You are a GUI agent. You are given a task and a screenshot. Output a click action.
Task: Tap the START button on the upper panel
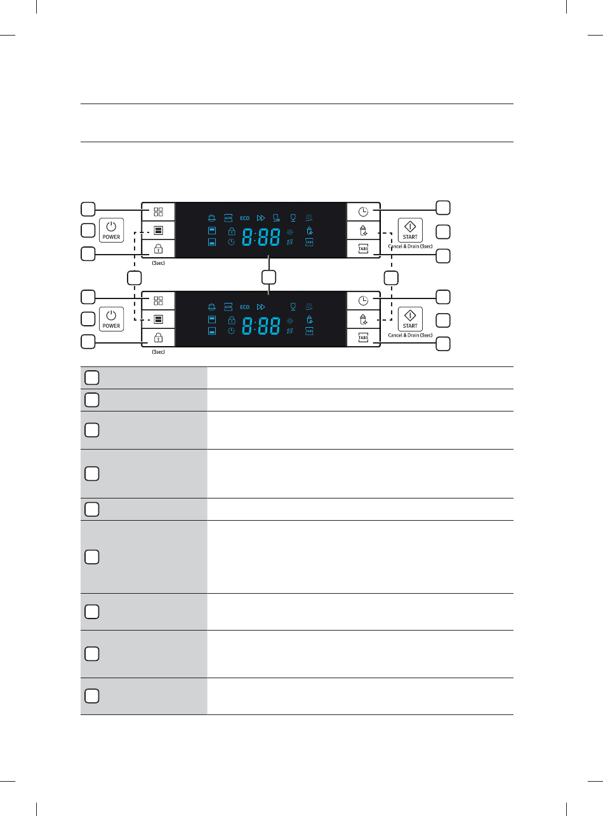click(x=410, y=230)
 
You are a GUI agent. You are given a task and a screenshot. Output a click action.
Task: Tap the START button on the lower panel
click(x=410, y=319)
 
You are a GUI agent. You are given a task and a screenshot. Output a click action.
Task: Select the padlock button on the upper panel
click(x=158, y=250)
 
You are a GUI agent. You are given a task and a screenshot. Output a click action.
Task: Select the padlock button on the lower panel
click(x=158, y=339)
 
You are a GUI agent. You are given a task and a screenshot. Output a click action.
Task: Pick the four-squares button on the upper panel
click(x=158, y=212)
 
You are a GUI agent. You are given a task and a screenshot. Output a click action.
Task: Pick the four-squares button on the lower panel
click(x=158, y=302)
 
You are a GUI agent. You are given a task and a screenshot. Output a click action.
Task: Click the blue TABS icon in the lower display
click(x=309, y=331)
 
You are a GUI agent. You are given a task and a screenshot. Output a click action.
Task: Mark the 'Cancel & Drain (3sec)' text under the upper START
click(x=410, y=246)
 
